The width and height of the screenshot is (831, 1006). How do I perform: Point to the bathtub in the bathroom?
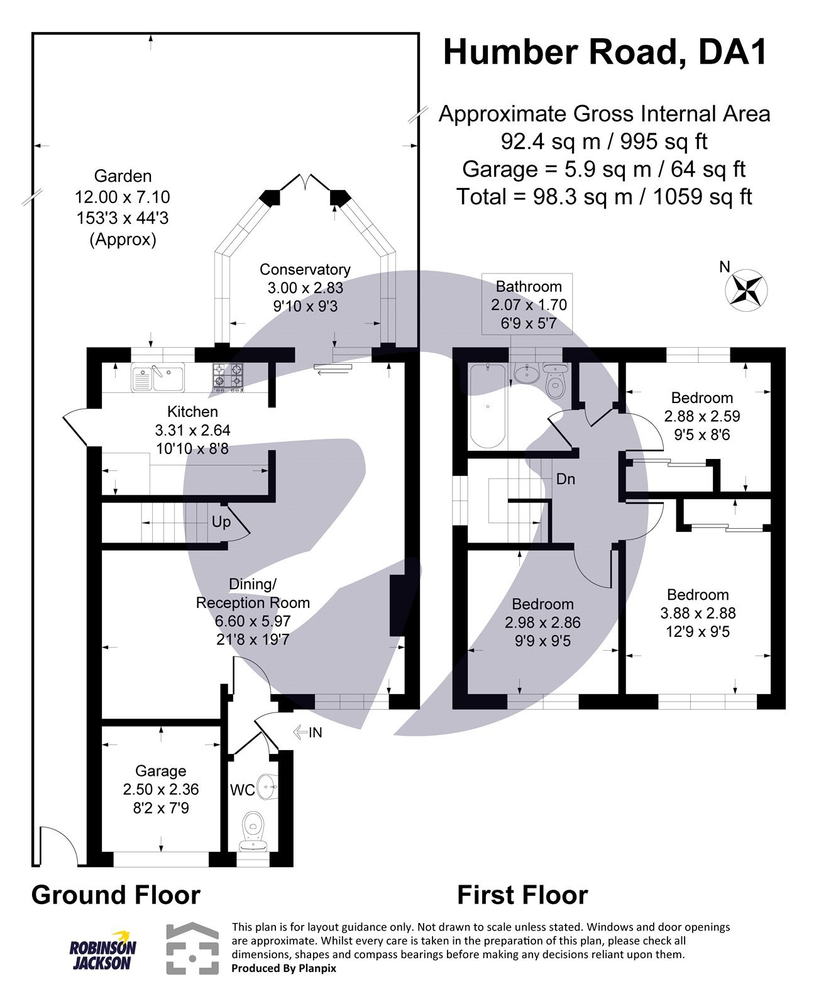click(487, 406)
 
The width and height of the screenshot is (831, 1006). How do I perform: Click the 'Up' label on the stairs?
click(221, 522)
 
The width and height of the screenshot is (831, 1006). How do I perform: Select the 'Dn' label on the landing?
click(565, 479)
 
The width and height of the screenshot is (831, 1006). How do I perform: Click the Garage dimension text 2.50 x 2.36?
click(160, 790)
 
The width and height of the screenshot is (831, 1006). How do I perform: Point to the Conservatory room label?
click(305, 270)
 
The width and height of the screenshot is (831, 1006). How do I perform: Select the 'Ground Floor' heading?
click(116, 895)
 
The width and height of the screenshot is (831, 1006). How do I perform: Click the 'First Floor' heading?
click(522, 895)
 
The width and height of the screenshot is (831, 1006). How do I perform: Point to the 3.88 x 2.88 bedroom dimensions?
click(698, 613)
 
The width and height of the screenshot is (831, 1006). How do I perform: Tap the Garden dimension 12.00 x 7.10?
click(123, 197)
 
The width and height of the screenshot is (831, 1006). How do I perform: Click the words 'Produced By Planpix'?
click(283, 968)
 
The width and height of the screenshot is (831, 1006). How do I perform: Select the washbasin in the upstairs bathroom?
click(526, 373)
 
